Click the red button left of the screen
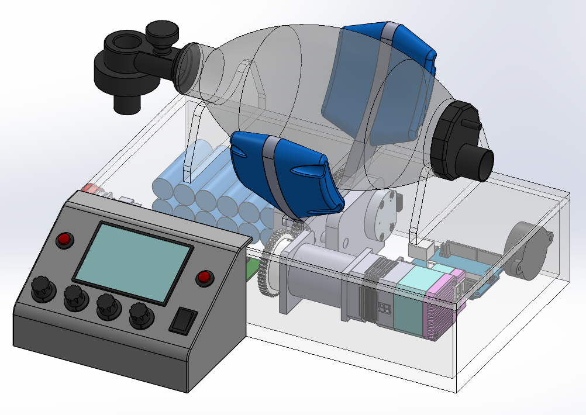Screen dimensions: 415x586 (x=64, y=239)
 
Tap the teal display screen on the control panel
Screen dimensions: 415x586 (x=134, y=261)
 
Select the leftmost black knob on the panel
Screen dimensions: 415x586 (x=42, y=288)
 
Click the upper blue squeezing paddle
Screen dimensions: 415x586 (x=380, y=82)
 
